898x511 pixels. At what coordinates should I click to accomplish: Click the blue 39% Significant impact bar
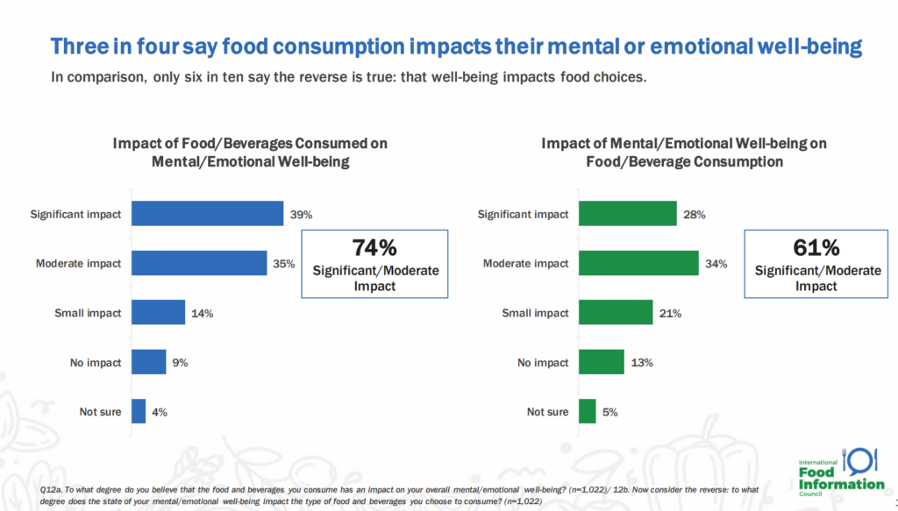[x=207, y=214]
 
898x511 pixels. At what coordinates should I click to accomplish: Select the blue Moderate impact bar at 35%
[x=199, y=263]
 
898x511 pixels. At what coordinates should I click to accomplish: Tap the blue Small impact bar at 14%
[x=158, y=312]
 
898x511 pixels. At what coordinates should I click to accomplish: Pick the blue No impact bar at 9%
[x=148, y=362]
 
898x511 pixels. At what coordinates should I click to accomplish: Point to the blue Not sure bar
[x=139, y=411]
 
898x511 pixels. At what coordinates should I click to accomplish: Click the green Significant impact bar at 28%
[x=628, y=214]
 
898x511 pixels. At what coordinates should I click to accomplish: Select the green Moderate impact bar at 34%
[x=638, y=263]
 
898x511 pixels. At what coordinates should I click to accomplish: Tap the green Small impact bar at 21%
[x=616, y=313]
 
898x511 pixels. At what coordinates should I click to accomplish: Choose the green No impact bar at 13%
[x=602, y=362]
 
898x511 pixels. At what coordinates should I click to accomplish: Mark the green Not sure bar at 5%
[x=588, y=411]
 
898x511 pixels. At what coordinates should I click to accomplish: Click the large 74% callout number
[x=375, y=248]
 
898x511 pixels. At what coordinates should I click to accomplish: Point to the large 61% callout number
[x=816, y=248]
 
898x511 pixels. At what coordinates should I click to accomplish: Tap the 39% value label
[x=302, y=215]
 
